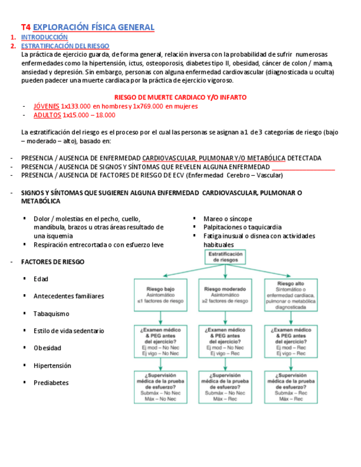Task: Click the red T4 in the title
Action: (26, 27)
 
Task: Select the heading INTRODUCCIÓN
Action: (44, 37)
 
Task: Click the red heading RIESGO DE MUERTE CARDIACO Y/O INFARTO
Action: (180, 97)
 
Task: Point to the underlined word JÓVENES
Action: (46, 106)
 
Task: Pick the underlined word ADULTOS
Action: (47, 115)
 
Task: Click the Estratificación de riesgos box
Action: (225, 257)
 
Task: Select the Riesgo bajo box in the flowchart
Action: (160, 295)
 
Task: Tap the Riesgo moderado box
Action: (226, 295)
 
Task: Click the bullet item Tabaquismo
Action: (51, 313)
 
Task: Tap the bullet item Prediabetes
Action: (51, 383)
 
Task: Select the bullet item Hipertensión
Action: (52, 366)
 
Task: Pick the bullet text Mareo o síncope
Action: (228, 219)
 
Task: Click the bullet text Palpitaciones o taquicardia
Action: (242, 227)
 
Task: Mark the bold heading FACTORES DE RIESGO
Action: (53, 262)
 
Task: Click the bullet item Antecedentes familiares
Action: (68, 296)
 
